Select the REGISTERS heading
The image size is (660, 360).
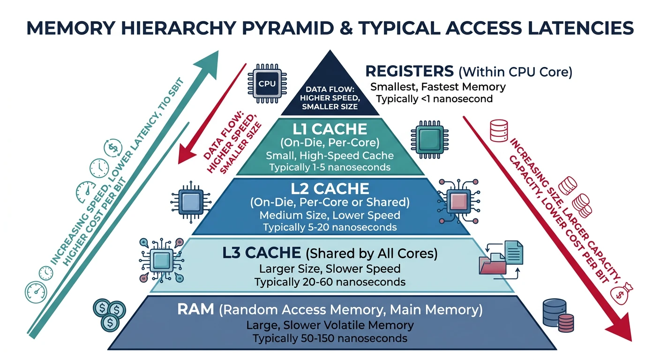[409, 71]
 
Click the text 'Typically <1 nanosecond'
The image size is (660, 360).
[434, 99]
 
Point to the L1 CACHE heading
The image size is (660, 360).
[330, 129]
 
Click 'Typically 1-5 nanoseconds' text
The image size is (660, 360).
[330, 167]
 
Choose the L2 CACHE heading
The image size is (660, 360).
[330, 189]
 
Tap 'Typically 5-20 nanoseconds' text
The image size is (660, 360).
[330, 227]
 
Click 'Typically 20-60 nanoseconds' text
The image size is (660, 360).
[330, 282]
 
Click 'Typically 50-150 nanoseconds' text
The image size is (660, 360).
[330, 338]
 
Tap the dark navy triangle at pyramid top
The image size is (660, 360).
[330, 91]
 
